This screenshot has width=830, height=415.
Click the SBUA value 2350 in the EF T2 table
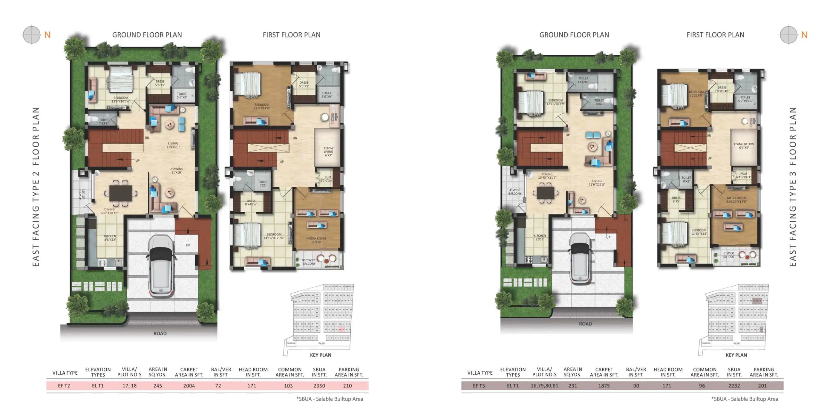pyautogui.click(x=319, y=386)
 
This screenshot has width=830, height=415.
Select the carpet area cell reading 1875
pyautogui.click(x=604, y=386)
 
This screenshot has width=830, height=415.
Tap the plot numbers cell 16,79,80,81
pyautogui.click(x=544, y=386)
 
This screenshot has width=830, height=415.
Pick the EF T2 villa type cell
pyautogui.click(x=64, y=386)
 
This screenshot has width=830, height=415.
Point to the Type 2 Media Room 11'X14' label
pyautogui.click(x=316, y=240)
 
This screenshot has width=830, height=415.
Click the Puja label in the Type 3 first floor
pyautogui.click(x=743, y=175)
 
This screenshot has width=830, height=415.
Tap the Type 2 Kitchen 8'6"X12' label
pyautogui.click(x=110, y=238)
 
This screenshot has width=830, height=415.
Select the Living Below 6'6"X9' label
pyautogui.click(x=744, y=146)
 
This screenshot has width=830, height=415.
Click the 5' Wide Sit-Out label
pyautogui.click(x=728, y=255)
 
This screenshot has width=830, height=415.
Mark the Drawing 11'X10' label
pyautogui.click(x=176, y=170)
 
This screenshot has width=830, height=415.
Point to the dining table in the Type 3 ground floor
pyautogui.click(x=545, y=193)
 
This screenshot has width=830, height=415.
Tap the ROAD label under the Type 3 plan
pyautogui.click(x=585, y=324)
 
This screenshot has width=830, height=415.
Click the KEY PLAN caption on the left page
pyautogui.click(x=320, y=355)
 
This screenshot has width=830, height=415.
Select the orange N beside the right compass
pyautogui.click(x=804, y=35)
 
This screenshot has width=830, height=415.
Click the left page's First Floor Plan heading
pyautogui.click(x=291, y=35)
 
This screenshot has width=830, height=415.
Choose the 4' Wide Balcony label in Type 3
pyautogui.click(x=515, y=192)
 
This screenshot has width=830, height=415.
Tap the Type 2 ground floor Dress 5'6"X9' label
pyautogui.click(x=160, y=83)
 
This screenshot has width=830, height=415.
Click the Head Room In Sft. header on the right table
pyautogui.click(x=668, y=372)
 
